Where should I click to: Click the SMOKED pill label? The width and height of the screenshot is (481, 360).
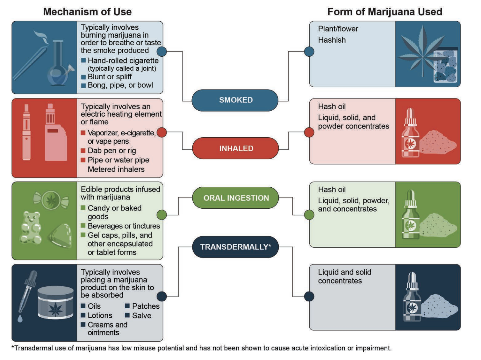point(235,100)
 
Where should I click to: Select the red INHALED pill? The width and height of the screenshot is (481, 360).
point(236,148)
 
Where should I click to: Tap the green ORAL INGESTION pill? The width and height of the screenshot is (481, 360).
point(236,198)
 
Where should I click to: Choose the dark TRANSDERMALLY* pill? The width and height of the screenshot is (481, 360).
point(235,247)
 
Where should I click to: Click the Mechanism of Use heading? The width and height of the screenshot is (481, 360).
point(87,12)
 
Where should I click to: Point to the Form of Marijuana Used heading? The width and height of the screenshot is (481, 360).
point(384,12)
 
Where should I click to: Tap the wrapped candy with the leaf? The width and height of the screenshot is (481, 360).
point(51,200)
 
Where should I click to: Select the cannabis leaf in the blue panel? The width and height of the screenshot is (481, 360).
point(420,51)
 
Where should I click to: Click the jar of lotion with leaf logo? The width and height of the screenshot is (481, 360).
point(55,303)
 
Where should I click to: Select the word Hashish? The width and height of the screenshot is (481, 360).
point(332,40)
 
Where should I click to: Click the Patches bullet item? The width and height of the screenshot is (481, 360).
point(146,306)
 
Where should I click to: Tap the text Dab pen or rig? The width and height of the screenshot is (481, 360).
point(111,151)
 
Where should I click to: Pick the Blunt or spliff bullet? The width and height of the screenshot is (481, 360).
point(110,77)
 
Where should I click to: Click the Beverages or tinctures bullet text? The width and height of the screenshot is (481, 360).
point(124,226)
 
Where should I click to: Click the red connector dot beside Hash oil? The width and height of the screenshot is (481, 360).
point(309,132)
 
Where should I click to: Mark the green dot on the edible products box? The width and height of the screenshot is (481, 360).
point(162,215)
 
